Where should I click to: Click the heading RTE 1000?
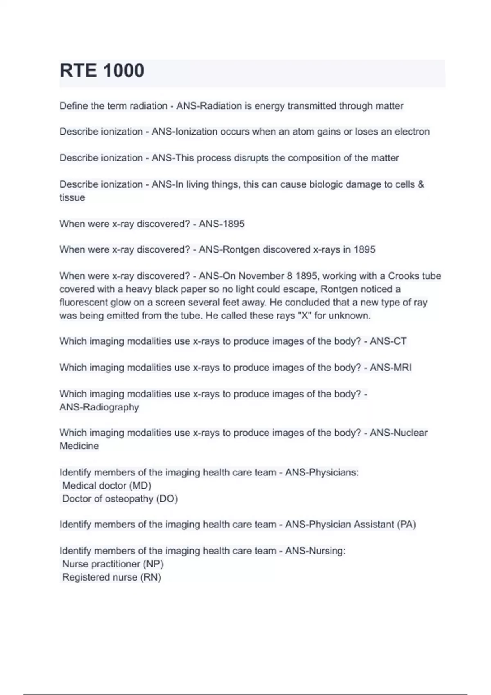click(x=102, y=71)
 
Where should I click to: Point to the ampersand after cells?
click(x=421, y=184)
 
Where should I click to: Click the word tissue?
click(x=72, y=197)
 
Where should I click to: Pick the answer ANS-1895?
click(x=221, y=224)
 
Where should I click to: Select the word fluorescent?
click(x=83, y=303)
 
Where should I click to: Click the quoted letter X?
click(x=304, y=316)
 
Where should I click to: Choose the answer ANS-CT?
click(x=388, y=341)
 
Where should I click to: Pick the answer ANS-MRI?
click(x=390, y=368)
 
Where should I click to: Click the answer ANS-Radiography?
click(x=99, y=407)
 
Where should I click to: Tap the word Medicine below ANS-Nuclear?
click(x=79, y=446)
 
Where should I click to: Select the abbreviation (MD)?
click(x=140, y=486)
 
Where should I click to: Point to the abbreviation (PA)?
click(x=406, y=525)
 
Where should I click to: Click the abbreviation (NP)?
click(x=153, y=564)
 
